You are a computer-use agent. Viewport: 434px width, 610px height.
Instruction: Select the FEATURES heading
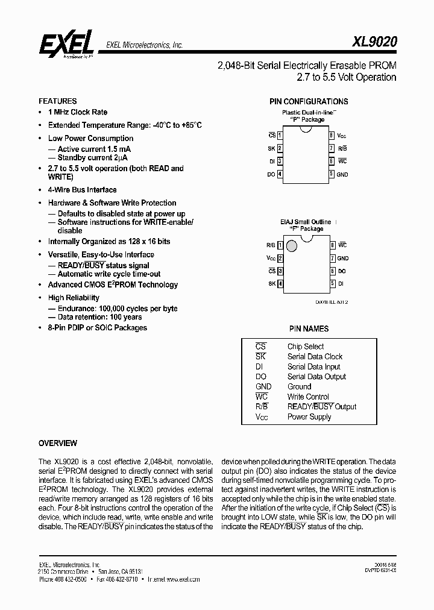[x=57, y=101]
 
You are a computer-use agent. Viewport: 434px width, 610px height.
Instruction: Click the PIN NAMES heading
[x=309, y=329]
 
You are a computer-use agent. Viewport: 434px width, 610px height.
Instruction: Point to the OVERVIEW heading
[x=57, y=443]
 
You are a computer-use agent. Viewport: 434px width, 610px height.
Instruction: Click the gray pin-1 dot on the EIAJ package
[x=292, y=246]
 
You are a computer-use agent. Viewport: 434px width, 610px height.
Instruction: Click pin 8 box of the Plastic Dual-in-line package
[x=332, y=136]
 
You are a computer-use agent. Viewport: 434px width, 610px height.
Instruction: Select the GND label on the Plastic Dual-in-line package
[x=342, y=174]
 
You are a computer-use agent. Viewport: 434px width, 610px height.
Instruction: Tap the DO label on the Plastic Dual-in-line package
[x=271, y=174]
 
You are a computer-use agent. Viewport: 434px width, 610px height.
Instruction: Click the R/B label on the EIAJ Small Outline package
[x=271, y=245]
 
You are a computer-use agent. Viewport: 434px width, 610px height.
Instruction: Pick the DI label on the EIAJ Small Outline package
[x=341, y=283]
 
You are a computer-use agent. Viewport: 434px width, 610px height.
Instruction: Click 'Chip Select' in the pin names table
[x=306, y=347]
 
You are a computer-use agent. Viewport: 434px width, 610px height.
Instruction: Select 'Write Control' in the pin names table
[x=308, y=397]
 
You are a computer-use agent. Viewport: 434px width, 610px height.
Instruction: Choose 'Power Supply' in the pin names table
[x=309, y=417]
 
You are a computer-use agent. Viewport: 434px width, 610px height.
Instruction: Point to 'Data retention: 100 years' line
[x=99, y=317]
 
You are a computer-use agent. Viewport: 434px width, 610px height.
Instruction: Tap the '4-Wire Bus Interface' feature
[x=82, y=190]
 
